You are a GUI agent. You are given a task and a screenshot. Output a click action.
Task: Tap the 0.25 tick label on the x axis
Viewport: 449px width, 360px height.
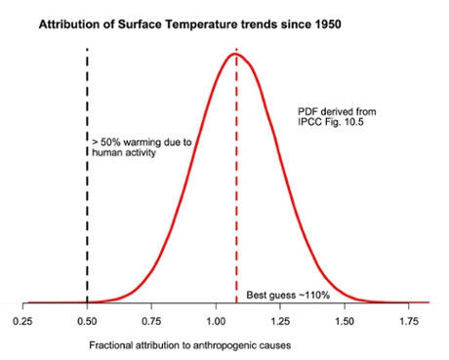(x=22, y=319)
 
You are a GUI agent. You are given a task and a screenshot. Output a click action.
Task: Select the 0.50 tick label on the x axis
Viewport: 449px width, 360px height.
(x=87, y=319)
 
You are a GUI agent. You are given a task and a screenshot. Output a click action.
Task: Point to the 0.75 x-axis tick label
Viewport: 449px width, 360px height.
(x=151, y=319)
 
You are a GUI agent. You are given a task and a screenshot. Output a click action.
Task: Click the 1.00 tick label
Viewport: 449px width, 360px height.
(x=217, y=319)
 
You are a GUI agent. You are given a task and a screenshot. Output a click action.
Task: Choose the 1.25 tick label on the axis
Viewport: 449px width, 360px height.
(x=281, y=319)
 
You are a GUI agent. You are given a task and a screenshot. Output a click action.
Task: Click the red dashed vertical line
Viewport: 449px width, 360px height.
(x=236, y=195)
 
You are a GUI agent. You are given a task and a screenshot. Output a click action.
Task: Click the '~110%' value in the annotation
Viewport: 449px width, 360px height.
(x=307, y=295)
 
